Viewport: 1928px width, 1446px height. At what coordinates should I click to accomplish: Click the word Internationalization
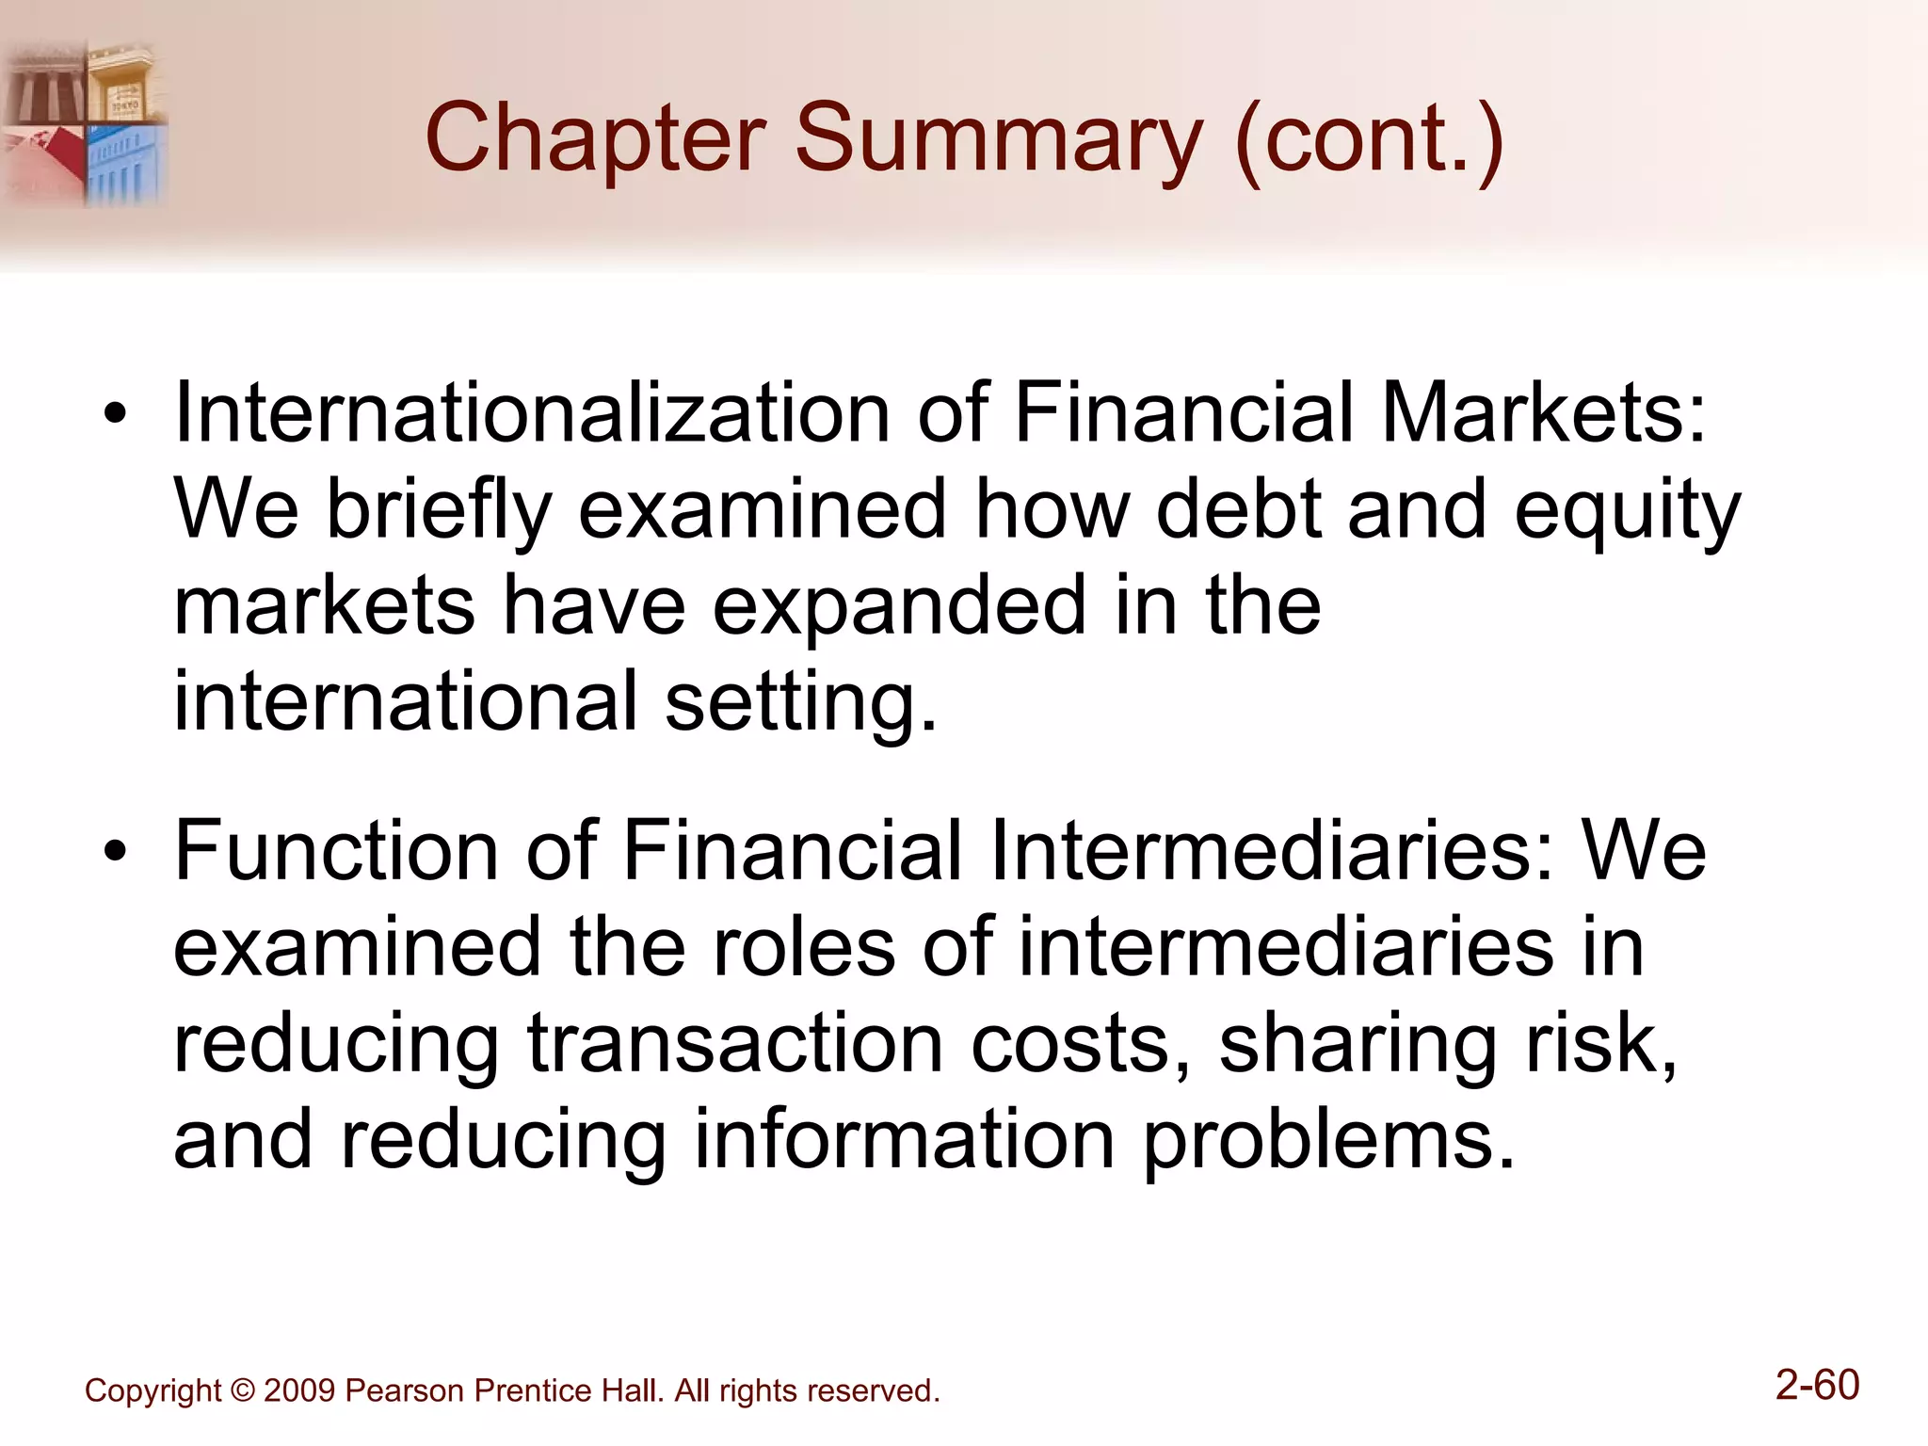[x=532, y=413]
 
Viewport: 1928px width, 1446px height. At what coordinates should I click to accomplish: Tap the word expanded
[x=899, y=607]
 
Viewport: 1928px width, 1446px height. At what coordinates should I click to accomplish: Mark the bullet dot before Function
[x=115, y=852]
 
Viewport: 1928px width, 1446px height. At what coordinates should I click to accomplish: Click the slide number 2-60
[x=1817, y=1386]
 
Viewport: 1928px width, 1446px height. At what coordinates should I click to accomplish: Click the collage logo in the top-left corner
[x=85, y=122]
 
